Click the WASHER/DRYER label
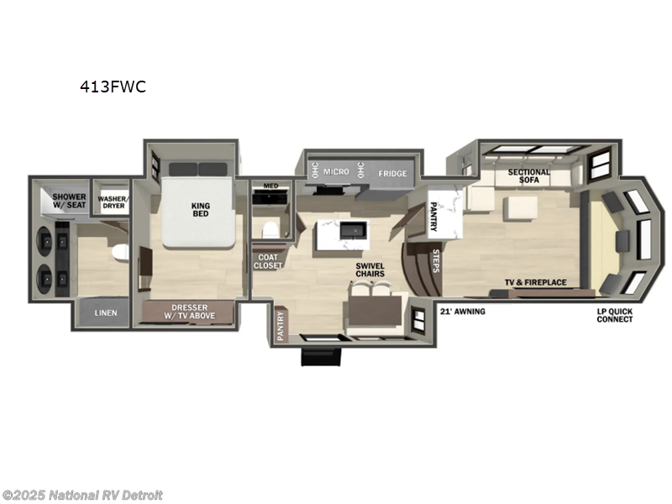click(x=111, y=202)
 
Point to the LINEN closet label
click(x=106, y=313)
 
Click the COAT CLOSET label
click(x=269, y=261)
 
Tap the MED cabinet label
click(x=270, y=186)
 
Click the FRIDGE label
click(x=392, y=174)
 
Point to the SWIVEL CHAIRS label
click(x=370, y=270)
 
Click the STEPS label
click(x=436, y=260)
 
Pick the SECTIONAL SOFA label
click(x=529, y=177)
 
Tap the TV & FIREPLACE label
click(x=535, y=282)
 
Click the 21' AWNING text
click(x=462, y=312)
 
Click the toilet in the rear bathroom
click(x=121, y=251)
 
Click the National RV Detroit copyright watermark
click(x=82, y=495)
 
